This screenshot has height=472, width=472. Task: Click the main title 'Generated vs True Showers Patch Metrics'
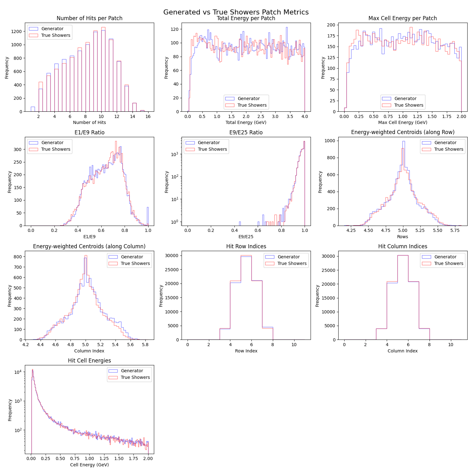click(x=236, y=12)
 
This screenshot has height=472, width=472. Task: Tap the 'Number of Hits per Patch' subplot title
click(x=89, y=18)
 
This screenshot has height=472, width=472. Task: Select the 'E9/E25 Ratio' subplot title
click(x=246, y=132)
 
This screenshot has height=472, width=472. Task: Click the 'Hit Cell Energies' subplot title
click(x=89, y=361)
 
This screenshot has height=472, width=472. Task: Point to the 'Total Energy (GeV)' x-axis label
click(x=246, y=122)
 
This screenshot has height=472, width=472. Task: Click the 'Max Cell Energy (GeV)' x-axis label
click(x=402, y=122)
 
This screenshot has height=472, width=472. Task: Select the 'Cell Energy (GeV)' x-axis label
click(x=89, y=465)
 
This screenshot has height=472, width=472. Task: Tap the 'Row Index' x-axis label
click(x=246, y=351)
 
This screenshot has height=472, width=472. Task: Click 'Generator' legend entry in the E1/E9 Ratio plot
click(x=52, y=143)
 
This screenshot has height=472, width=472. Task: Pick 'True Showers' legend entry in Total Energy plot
click(x=252, y=105)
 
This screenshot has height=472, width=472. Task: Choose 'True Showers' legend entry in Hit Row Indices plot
click(x=292, y=263)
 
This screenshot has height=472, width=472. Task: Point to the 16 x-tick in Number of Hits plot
click(x=148, y=116)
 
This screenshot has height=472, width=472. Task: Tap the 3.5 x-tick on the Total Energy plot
click(x=290, y=116)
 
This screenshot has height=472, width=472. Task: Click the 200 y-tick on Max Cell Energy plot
click(x=331, y=25)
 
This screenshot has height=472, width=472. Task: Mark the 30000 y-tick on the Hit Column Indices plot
click(x=328, y=256)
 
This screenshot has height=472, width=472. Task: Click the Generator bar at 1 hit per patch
click(x=33, y=109)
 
